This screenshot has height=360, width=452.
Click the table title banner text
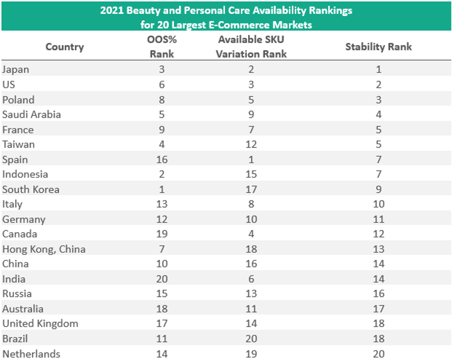[x=226, y=17]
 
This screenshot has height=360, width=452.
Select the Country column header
[x=64, y=47]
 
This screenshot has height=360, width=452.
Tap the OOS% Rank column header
[x=162, y=47]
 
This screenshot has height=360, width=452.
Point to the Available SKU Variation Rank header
[x=251, y=47]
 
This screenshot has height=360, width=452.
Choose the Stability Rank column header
[x=378, y=47]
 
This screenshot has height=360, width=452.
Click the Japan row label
[x=15, y=70]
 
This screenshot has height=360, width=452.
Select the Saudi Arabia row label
[x=31, y=115]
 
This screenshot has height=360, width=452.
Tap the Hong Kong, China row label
[x=44, y=249]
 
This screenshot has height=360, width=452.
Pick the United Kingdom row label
[x=40, y=324]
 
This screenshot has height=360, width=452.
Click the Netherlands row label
[x=31, y=354]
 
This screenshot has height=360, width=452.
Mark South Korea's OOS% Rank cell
[x=162, y=189]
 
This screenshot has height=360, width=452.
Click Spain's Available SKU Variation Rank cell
[x=251, y=159]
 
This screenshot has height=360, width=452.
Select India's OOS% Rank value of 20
[x=162, y=279]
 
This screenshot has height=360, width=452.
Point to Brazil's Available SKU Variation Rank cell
[x=251, y=339]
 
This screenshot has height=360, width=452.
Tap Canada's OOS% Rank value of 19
[x=162, y=234]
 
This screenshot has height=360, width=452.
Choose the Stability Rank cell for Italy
[x=378, y=204]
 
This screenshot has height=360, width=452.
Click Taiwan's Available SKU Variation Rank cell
[x=251, y=144]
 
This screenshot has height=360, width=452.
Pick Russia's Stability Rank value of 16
[x=378, y=294]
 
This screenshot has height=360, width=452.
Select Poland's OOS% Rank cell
[x=162, y=100]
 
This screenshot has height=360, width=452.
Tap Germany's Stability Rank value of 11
[x=378, y=219]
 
